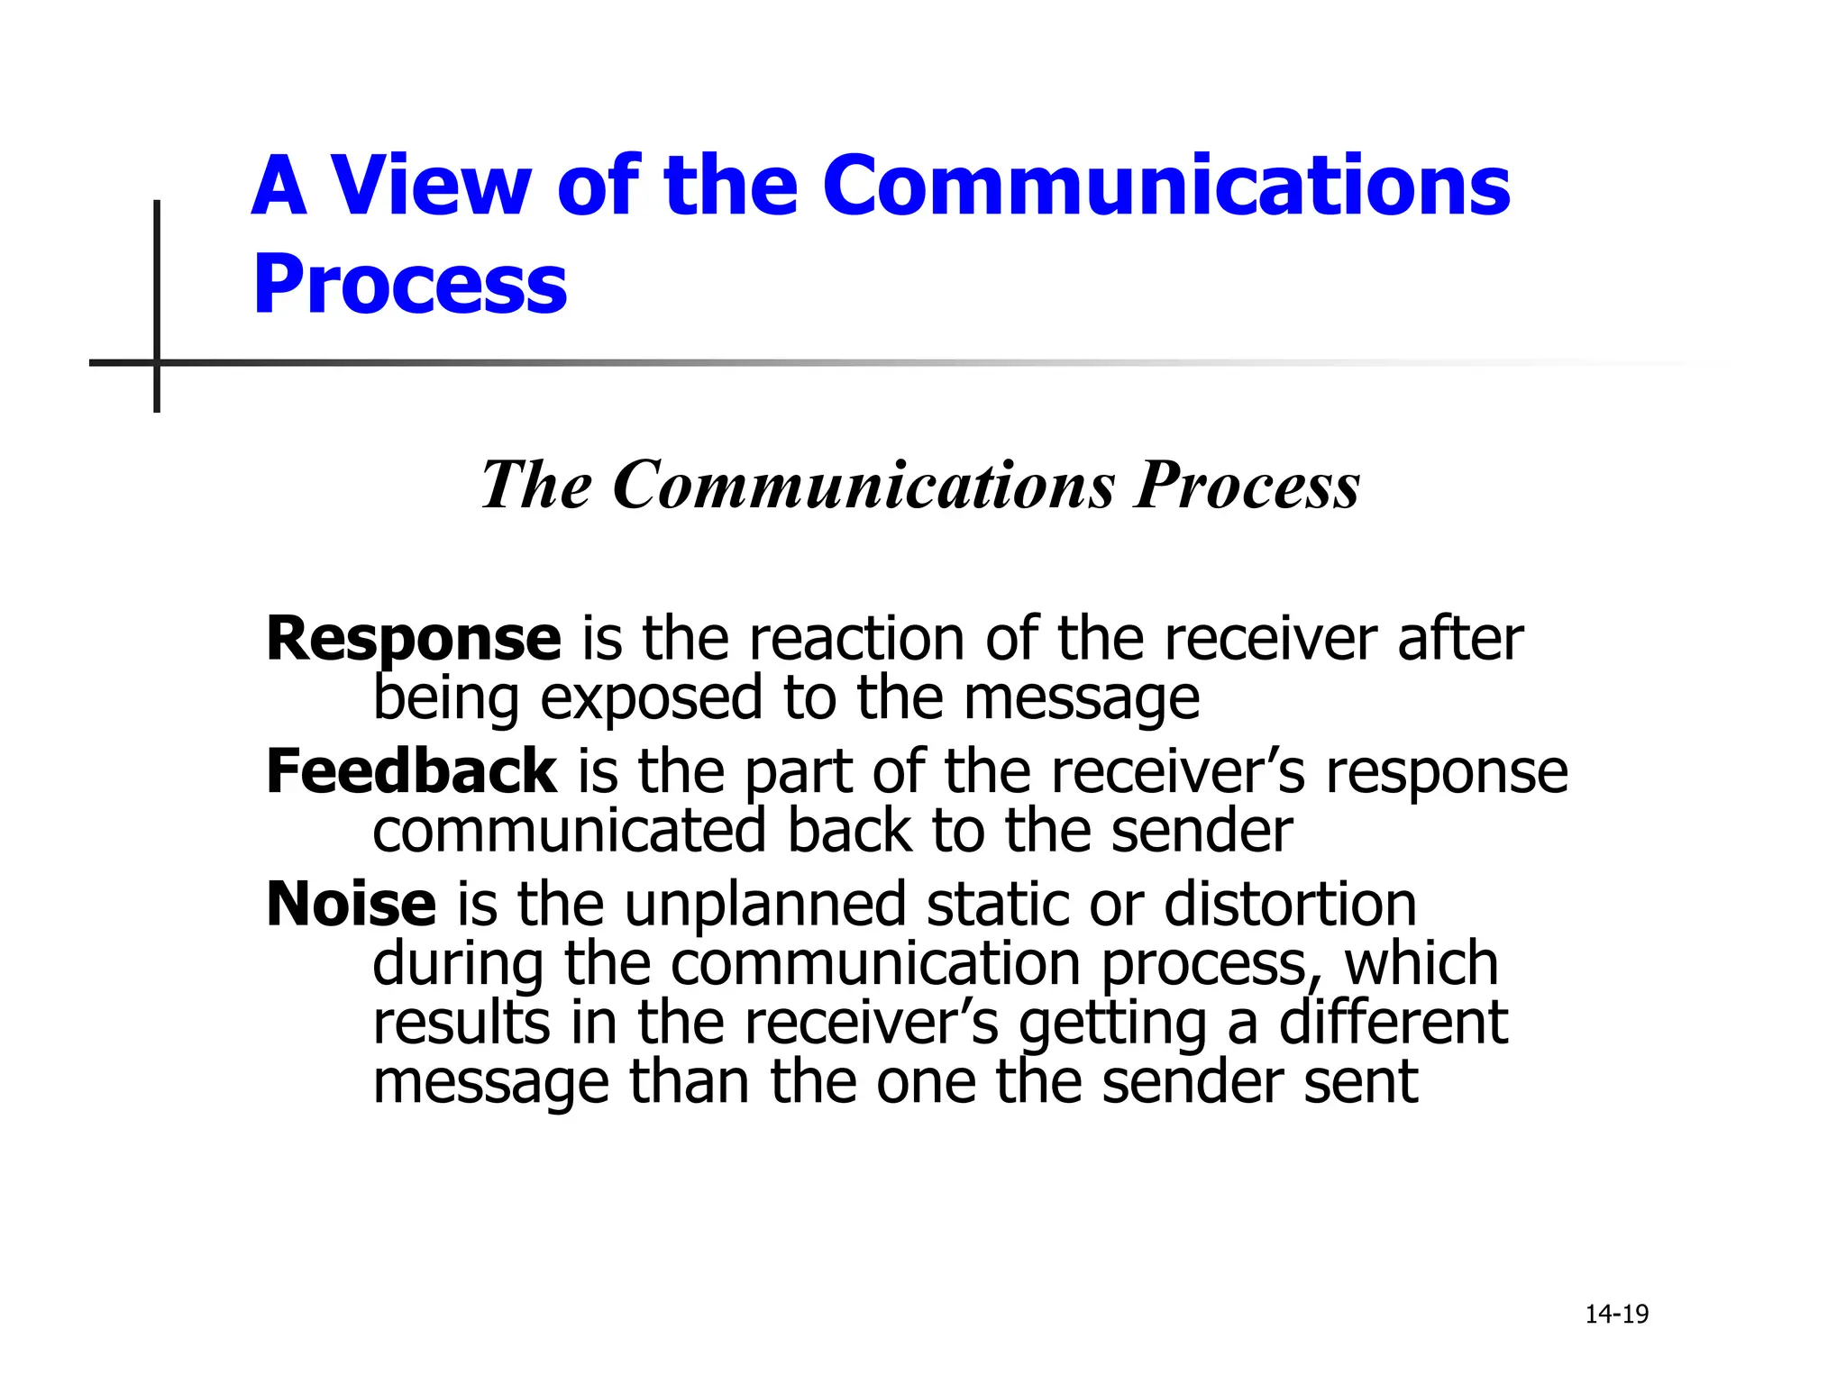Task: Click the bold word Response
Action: (414, 640)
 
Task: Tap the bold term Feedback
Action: (411, 772)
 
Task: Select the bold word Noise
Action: (352, 905)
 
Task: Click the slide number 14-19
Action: (1616, 1315)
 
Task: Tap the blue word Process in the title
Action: (410, 285)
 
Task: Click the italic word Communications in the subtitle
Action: (864, 486)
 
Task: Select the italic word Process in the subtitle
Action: (1247, 486)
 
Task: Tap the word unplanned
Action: (765, 905)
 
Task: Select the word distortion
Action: (1290, 905)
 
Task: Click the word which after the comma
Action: (1421, 964)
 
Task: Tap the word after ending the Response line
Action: (1460, 640)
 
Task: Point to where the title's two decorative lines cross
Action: (157, 363)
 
